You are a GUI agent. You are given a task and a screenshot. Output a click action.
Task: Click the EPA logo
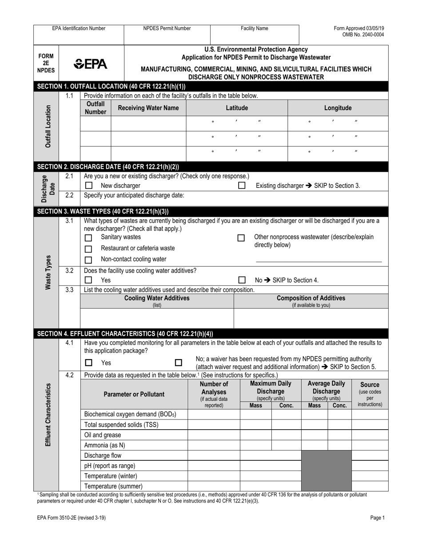click(x=91, y=64)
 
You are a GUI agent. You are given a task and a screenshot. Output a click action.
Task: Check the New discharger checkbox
click(x=89, y=186)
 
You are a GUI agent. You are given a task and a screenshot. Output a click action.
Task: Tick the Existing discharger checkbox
click(x=242, y=186)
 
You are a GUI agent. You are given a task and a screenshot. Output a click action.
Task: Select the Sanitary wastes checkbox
click(x=89, y=238)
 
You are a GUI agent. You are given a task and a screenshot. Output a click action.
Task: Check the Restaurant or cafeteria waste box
click(x=89, y=249)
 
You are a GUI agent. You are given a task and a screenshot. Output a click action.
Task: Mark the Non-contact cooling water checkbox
click(x=89, y=260)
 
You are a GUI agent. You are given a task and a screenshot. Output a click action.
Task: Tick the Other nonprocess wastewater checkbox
click(x=241, y=238)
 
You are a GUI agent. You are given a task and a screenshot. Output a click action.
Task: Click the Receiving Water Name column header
click(x=148, y=108)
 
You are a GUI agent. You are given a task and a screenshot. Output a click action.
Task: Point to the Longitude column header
click(x=338, y=108)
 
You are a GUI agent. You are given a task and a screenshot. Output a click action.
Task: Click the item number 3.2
click(x=69, y=270)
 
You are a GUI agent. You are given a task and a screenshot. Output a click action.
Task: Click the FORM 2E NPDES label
click(x=46, y=63)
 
